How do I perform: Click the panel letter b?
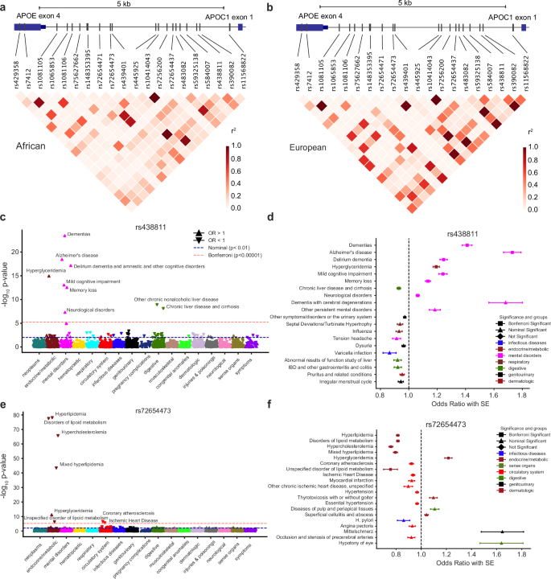pyautogui.click(x=278, y=7)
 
